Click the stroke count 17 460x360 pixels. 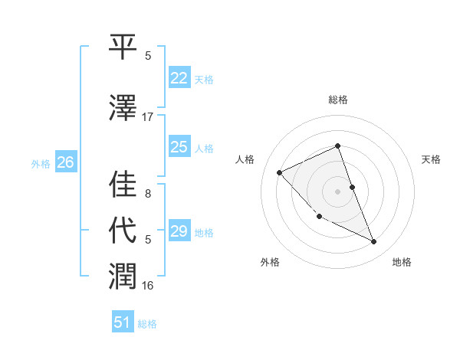[148, 117]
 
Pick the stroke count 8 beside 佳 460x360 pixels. [148, 194]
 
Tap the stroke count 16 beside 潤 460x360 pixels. [148, 286]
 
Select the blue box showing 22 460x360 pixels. [179, 77]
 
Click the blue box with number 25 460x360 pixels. [179, 146]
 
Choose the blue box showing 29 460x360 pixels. [179, 231]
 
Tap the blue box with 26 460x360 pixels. [65, 162]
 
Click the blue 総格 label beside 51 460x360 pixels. [147, 324]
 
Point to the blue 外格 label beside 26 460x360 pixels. [41, 163]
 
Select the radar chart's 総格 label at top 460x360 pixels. [337, 100]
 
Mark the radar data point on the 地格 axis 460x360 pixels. [374, 242]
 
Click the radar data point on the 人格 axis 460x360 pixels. [280, 172]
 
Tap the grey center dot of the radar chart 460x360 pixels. [337, 191]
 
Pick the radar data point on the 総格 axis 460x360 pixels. [337, 146]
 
